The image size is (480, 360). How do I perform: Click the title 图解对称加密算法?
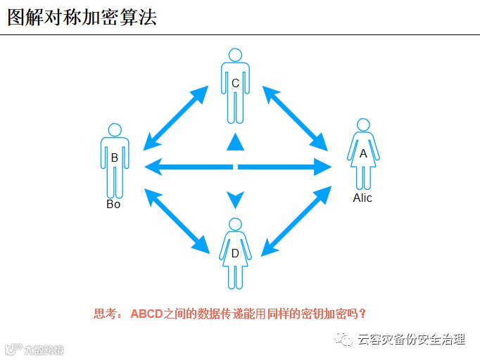coord(82,18)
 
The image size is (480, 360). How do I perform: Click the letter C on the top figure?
coord(235,84)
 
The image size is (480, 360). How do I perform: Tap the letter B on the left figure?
coord(114,158)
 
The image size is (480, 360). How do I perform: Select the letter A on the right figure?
coord(363,153)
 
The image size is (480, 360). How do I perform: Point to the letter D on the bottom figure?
coord(235,253)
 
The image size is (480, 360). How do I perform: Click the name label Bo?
coord(113,205)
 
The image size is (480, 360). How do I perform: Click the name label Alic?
coord(362,198)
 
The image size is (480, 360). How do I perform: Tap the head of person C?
coord(235,56)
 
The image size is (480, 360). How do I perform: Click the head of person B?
coord(114,130)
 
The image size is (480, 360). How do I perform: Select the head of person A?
coord(363,125)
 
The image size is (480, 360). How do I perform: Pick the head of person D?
coord(235,225)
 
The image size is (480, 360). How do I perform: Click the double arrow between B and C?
coord(175,118)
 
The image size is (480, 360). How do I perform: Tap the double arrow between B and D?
coord(176,219)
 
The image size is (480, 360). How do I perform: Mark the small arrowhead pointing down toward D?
coord(235,199)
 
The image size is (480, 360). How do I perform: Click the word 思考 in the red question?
coord(105,314)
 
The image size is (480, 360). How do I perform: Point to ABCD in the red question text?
coord(146,314)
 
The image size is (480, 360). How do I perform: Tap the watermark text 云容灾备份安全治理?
coord(412,340)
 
